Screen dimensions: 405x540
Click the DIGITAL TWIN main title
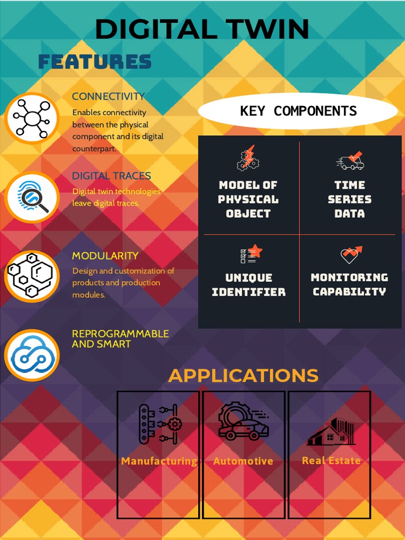click(x=202, y=29)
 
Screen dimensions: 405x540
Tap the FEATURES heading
click(x=95, y=62)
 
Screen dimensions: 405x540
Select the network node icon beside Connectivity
click(x=32, y=119)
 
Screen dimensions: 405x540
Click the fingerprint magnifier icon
click(x=32, y=197)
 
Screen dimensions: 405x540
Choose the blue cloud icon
click(x=32, y=355)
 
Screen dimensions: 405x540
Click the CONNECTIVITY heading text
click(x=108, y=97)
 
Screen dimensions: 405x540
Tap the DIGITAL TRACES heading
click(x=111, y=176)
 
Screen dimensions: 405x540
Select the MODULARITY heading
click(x=105, y=256)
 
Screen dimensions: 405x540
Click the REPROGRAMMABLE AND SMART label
click(x=120, y=339)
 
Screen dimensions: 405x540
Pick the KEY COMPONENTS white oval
click(x=298, y=111)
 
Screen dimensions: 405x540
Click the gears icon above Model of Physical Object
click(x=248, y=158)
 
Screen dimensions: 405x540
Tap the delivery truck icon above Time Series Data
click(x=350, y=160)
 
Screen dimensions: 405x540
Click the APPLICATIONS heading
click(x=243, y=375)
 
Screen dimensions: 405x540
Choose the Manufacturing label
click(x=159, y=461)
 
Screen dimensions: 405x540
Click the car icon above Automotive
click(x=244, y=423)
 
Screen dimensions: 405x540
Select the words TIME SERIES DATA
click(x=350, y=199)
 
